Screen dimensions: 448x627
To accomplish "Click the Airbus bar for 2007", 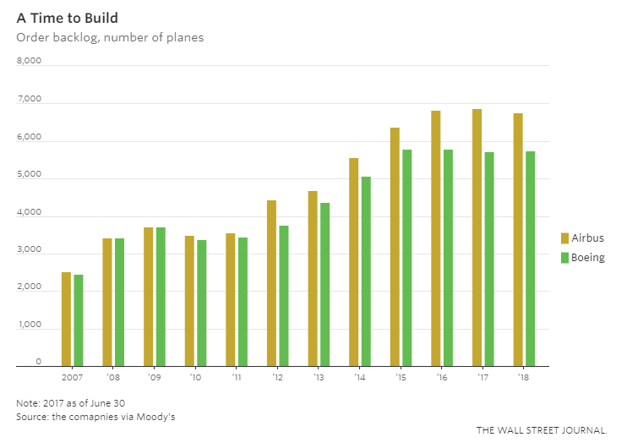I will tap(67, 320).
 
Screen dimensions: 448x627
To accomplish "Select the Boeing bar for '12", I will tap(284, 296).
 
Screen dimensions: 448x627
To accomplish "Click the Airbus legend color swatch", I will tap(565, 238).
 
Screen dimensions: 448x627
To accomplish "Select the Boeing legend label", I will tap(588, 257).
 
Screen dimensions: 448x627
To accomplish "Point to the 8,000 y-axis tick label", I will tap(29, 60).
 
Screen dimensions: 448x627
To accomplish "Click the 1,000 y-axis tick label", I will tap(29, 324).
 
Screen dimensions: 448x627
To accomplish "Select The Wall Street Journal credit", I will tap(542, 430).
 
